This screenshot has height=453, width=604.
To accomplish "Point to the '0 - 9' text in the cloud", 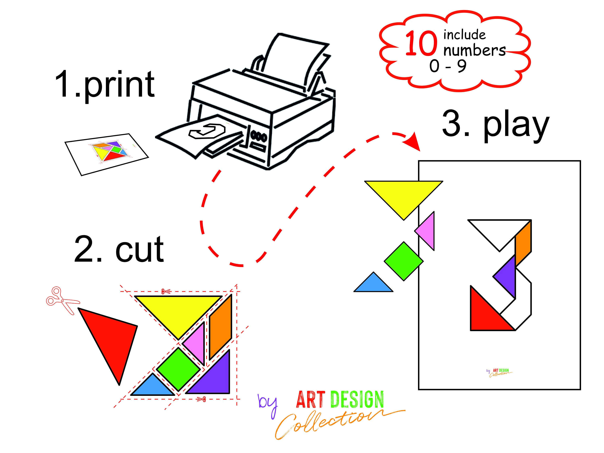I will [x=448, y=66].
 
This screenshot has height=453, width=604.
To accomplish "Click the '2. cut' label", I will [x=119, y=249].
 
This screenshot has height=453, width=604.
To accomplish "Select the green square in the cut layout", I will [x=179, y=369].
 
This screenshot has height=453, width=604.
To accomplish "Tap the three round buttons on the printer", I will [x=259, y=136].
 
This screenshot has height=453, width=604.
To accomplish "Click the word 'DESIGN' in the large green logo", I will [x=357, y=399].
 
